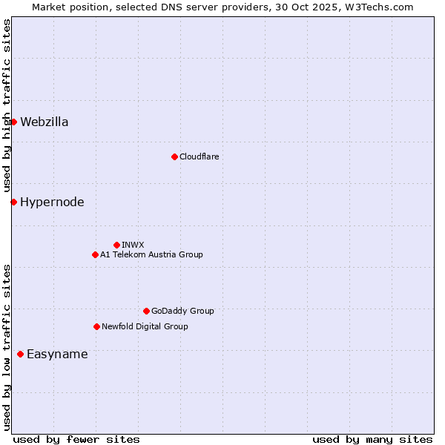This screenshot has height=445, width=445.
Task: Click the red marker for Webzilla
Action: click(13, 122)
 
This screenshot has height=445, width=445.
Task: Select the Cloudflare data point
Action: click(174, 156)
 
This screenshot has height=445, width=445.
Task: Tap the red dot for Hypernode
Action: click(13, 202)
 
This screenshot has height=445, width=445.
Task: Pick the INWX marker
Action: click(116, 245)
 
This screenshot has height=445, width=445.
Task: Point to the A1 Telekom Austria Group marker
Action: click(95, 254)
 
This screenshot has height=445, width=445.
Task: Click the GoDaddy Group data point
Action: click(146, 311)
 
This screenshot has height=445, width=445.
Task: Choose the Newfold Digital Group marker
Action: click(96, 326)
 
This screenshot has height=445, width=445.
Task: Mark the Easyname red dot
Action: click(20, 354)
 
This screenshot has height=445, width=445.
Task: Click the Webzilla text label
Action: click(44, 122)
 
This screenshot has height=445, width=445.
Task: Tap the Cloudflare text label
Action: click(199, 156)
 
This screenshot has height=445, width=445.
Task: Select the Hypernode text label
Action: click(52, 202)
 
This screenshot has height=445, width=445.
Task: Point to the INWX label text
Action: click(133, 245)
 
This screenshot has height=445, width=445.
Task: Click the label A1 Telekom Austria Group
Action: click(151, 254)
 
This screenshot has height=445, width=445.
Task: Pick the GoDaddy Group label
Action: click(182, 311)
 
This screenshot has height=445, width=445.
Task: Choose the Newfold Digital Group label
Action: click(145, 326)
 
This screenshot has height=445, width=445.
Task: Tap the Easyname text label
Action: click(57, 355)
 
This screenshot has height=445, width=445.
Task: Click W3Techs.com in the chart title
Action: click(382, 7)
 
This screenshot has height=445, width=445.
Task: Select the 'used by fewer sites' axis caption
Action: click(76, 439)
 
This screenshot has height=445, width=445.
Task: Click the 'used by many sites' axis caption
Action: click(372, 439)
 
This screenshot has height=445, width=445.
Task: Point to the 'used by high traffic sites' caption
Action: click(7, 106)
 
